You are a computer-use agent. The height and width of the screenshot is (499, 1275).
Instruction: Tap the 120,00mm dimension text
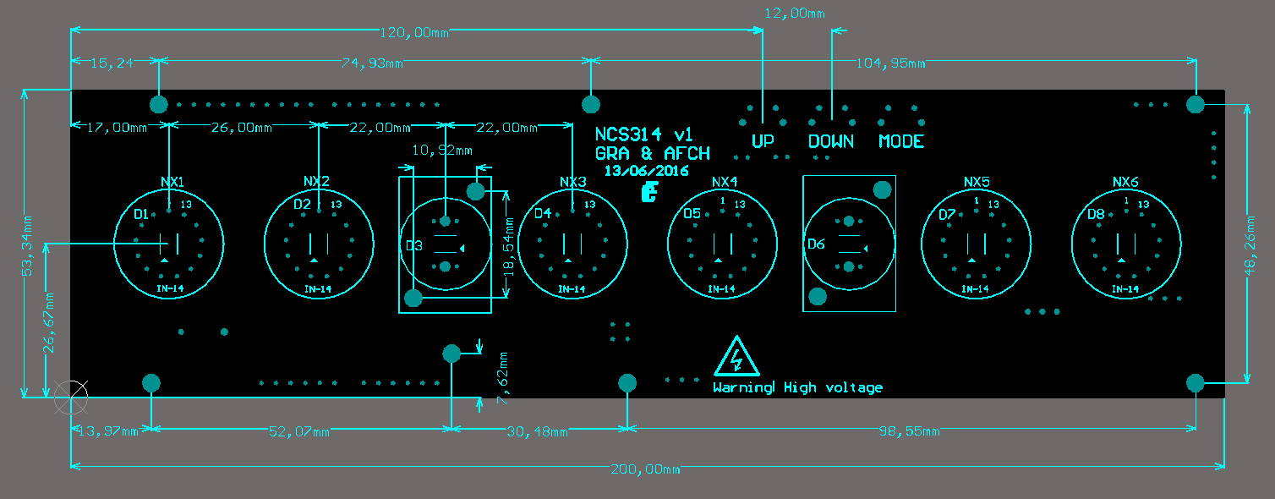click(413, 32)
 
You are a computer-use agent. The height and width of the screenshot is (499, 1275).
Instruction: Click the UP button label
click(763, 141)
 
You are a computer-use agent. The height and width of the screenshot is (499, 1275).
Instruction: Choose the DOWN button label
click(830, 141)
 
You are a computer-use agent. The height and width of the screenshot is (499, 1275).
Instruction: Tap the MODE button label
click(900, 141)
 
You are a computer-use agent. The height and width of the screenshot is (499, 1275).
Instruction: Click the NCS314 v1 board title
click(643, 134)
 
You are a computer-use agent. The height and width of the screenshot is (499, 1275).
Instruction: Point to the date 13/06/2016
click(646, 170)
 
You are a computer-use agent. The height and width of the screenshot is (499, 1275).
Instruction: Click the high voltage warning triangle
click(736, 357)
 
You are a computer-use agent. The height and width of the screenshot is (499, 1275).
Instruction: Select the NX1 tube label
click(172, 182)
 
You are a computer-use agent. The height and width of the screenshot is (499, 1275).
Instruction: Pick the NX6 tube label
click(1125, 182)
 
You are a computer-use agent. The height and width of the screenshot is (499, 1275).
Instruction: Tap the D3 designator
click(413, 245)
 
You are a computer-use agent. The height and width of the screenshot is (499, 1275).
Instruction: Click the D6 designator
click(815, 244)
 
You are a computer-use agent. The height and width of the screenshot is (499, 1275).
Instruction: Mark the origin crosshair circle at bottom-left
click(70, 398)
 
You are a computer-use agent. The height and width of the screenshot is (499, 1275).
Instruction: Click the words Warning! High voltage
click(797, 387)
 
